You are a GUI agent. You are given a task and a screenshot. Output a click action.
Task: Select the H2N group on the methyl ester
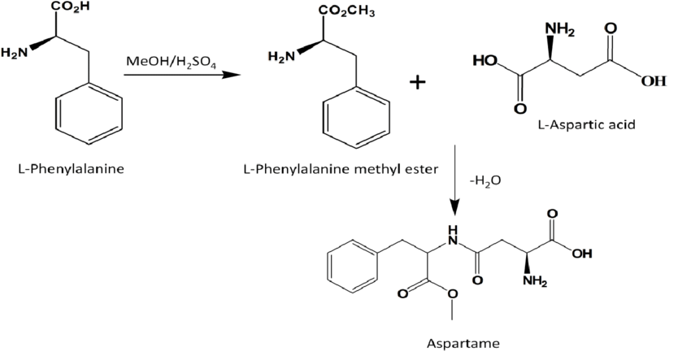(x=280, y=56)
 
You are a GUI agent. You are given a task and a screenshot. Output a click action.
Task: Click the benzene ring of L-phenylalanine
(x=89, y=117)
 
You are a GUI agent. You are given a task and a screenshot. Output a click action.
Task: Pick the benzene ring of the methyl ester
(x=356, y=119)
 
